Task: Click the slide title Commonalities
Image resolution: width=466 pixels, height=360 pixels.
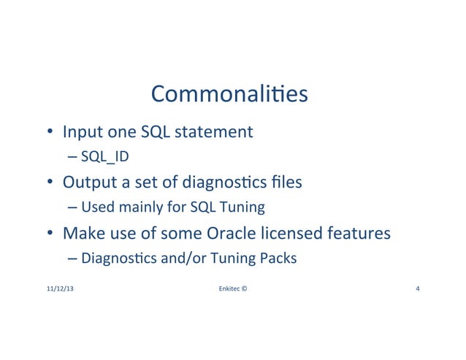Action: point(229,96)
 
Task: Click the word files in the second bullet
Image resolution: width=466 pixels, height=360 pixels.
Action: point(286,183)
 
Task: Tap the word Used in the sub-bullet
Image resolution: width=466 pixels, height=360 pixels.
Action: point(95,208)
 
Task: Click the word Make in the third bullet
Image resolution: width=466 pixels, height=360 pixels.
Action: point(83,234)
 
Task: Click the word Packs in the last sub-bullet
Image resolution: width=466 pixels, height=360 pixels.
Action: point(278,259)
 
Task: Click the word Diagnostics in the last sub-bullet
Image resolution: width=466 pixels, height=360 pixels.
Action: point(113,259)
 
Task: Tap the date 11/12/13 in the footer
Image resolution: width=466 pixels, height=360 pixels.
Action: point(59,289)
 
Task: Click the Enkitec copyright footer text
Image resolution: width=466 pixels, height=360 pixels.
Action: point(232,289)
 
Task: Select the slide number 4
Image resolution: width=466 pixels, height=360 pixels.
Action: point(416,289)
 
